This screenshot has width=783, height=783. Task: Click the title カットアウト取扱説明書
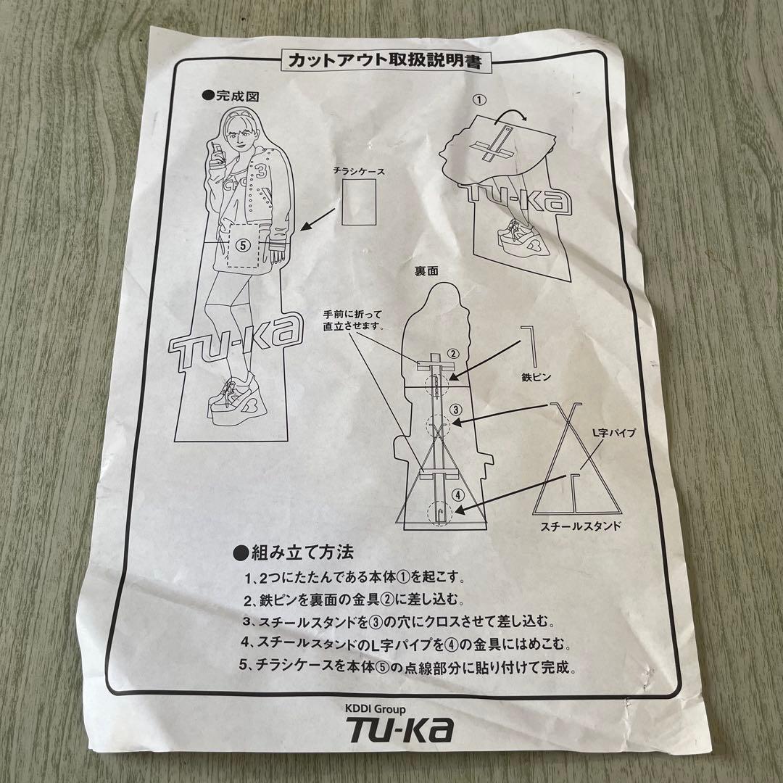pos(384,61)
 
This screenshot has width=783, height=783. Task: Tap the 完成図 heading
pos(231,96)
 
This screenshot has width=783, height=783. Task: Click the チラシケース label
pos(359,171)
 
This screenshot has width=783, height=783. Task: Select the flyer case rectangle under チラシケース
pos(359,202)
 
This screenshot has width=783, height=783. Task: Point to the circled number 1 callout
pos(479,100)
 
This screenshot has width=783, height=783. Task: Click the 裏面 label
pos(426,270)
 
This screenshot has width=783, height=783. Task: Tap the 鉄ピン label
pos(536,376)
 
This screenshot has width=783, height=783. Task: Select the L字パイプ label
pos(614,432)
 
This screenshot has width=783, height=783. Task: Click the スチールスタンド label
pos(581,526)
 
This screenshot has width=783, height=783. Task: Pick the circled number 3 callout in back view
pos(455,410)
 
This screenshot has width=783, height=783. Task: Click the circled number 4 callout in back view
pos(458,495)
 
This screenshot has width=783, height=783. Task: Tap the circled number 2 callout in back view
pos(452,354)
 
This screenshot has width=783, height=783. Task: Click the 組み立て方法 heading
pos(294,552)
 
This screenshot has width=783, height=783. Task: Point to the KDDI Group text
pos(375,708)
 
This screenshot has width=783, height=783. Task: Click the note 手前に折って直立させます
pos(352,320)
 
